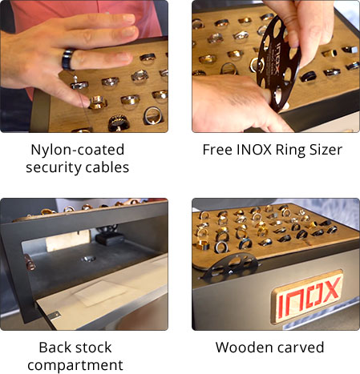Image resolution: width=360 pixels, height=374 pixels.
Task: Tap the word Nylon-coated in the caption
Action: (78, 150)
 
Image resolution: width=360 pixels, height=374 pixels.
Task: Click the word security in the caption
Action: (53, 167)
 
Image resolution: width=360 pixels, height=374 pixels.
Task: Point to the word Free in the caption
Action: (217, 150)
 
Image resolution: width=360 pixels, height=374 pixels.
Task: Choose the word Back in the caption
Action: (52, 348)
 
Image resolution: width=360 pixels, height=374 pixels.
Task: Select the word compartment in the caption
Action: (75, 365)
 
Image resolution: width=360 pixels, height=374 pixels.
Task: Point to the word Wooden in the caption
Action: (240, 348)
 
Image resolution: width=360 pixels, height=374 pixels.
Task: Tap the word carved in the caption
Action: (297, 348)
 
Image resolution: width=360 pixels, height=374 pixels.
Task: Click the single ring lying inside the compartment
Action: (88, 259)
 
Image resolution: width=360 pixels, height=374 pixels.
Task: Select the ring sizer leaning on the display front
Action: (230, 268)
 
